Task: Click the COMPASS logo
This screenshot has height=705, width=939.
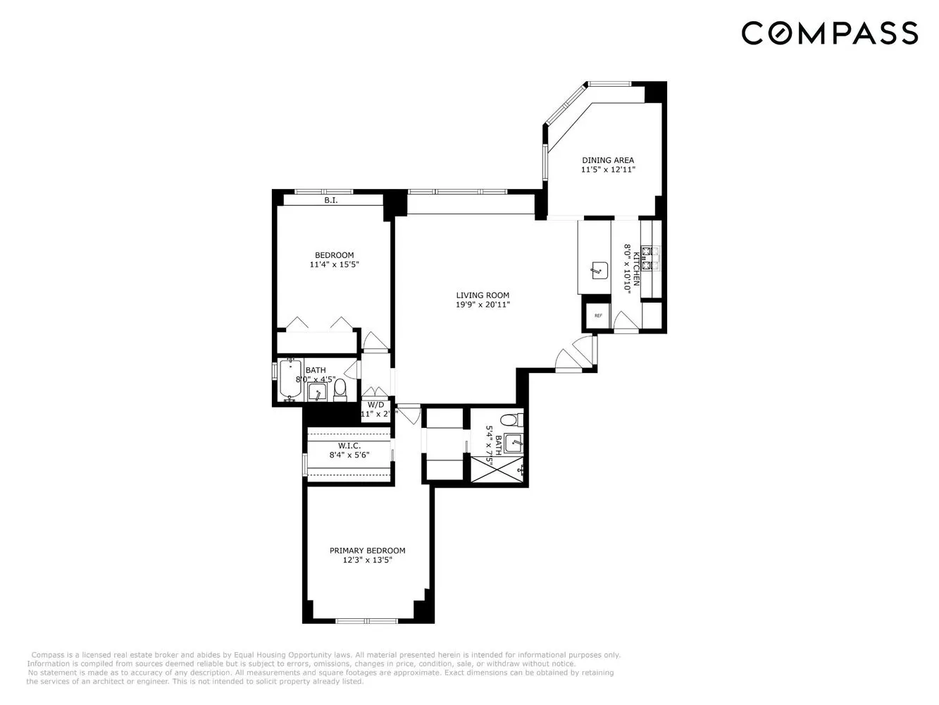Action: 829,33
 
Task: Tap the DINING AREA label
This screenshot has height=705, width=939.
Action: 607,160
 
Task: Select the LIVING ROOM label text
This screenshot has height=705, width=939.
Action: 482,295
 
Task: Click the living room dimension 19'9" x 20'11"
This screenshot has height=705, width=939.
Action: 482,305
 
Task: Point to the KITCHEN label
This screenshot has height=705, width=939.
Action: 635,268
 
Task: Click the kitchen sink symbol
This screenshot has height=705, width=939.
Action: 599,269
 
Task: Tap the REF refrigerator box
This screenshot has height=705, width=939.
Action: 598,316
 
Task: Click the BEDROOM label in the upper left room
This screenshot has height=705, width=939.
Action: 334,255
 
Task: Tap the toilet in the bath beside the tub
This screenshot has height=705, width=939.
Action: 340,388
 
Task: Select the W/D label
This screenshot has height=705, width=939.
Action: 376,405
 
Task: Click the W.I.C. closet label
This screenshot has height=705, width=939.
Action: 349,446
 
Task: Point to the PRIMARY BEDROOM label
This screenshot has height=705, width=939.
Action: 367,551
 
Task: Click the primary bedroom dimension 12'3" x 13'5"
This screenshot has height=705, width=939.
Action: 367,560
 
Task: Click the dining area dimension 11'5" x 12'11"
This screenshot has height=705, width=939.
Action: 608,169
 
